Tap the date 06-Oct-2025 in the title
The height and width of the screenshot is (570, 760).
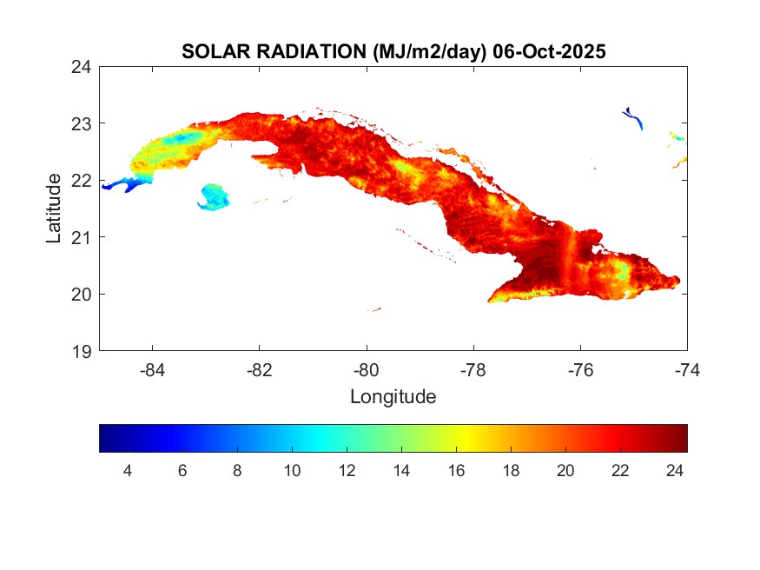pyautogui.click(x=548, y=52)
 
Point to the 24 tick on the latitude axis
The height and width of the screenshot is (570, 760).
pyautogui.click(x=83, y=66)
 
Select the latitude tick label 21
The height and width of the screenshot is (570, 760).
pyautogui.click(x=83, y=236)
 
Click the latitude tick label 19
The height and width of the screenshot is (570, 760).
pyautogui.click(x=83, y=351)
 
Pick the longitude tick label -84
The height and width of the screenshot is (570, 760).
pyautogui.click(x=153, y=370)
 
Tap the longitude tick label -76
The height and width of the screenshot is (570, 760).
pyautogui.click(x=580, y=370)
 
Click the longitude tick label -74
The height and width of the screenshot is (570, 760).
pyautogui.click(x=687, y=370)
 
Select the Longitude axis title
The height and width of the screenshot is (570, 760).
pyautogui.click(x=393, y=397)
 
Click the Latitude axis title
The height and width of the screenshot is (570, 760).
pyautogui.click(x=54, y=209)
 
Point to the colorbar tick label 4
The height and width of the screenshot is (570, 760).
pyautogui.click(x=128, y=471)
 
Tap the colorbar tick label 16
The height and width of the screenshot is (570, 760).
pyautogui.click(x=456, y=471)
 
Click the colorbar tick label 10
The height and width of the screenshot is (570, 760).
pyautogui.click(x=292, y=471)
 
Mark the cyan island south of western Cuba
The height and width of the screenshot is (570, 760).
pyautogui.click(x=214, y=196)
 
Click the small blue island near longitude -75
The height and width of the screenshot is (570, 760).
pyautogui.click(x=634, y=117)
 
